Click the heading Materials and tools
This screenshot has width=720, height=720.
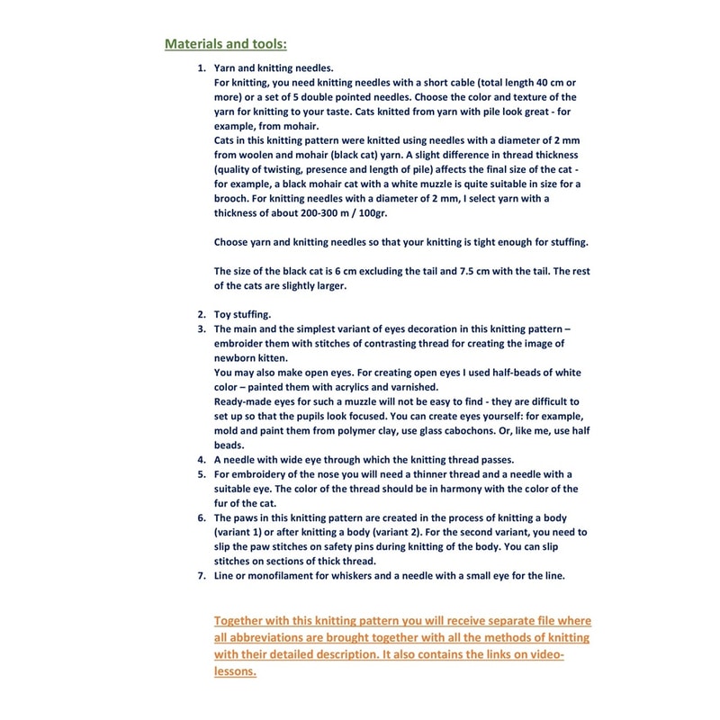click(x=225, y=42)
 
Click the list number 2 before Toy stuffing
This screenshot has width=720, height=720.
click(x=202, y=314)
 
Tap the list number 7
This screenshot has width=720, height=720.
click(x=202, y=576)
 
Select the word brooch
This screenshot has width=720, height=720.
click(x=232, y=197)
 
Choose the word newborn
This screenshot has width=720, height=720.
click(x=237, y=357)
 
